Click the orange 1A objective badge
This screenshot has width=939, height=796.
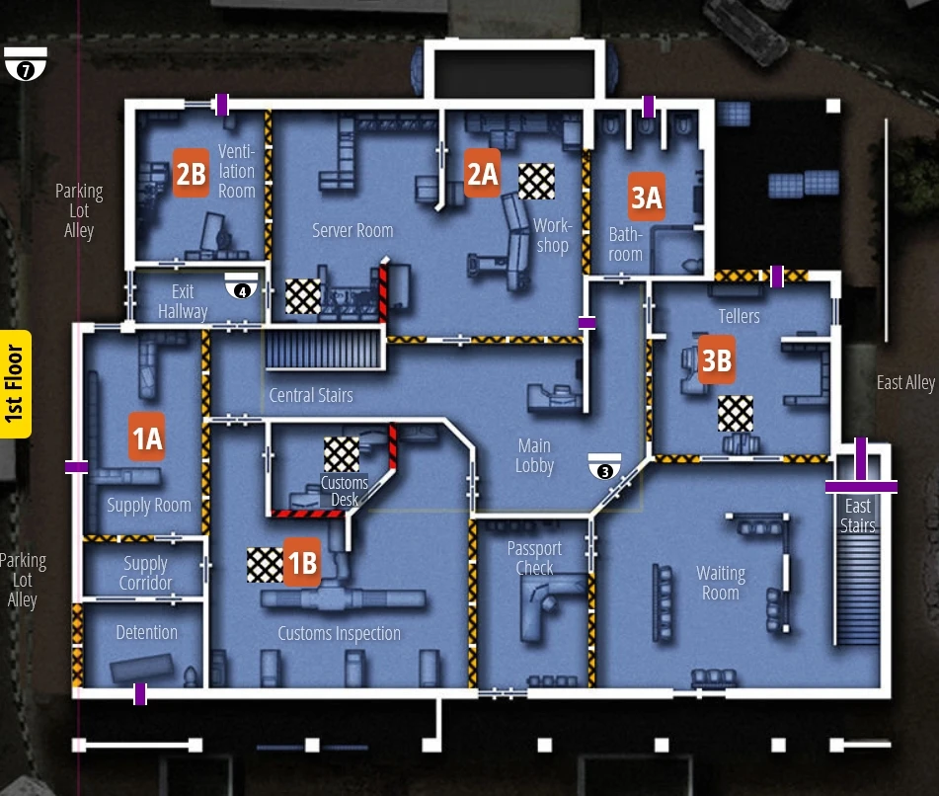146,438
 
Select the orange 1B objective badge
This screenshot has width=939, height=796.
301,562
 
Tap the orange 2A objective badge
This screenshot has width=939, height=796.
482,174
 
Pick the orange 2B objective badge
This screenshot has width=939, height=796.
191,174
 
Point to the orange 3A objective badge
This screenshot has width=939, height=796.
646,198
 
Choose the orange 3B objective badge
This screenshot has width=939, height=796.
716,361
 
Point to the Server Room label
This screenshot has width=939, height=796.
352,230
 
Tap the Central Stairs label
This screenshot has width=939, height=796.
311,395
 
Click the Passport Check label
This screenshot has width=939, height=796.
534,558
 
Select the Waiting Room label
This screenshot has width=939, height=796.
720,583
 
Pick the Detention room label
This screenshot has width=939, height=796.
146,632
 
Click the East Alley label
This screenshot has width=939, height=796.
904,382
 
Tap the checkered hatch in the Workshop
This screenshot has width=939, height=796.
536,181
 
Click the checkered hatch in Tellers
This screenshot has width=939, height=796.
735,414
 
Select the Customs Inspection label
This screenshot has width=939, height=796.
339,633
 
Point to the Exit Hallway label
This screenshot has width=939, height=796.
183,301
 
